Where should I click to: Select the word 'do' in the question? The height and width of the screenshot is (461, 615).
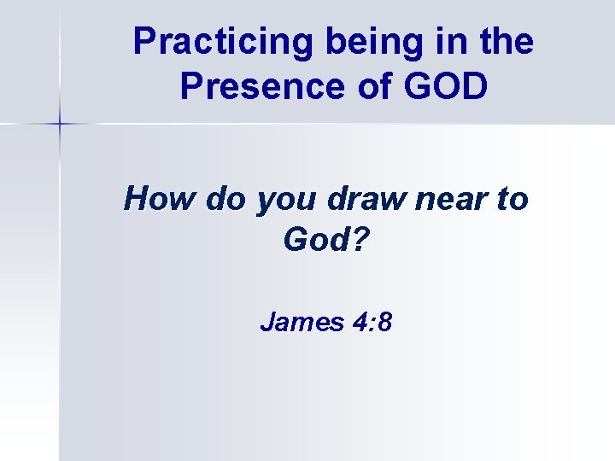click(x=218, y=200)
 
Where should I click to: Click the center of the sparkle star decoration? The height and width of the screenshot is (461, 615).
click(x=60, y=125)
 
